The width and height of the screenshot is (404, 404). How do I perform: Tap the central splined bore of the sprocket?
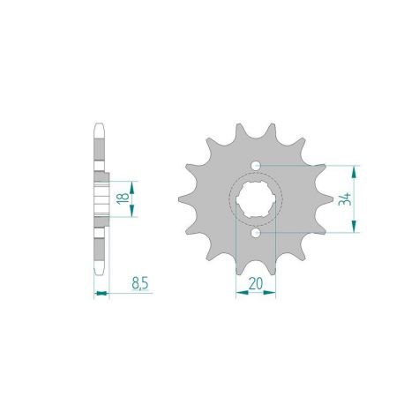[x=256, y=198]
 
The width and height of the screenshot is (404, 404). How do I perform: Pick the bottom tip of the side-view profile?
[x=100, y=272]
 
